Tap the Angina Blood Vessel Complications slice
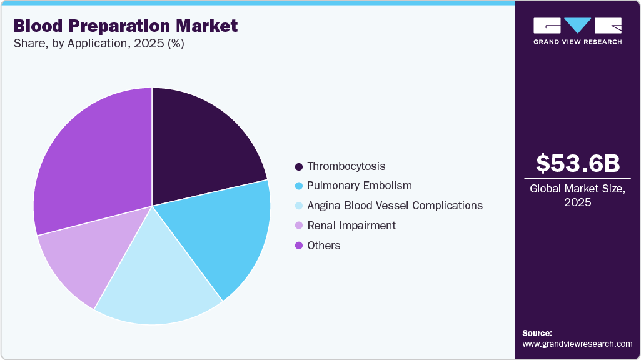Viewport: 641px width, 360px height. [x=156, y=275]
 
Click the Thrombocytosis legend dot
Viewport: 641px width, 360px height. [x=299, y=166]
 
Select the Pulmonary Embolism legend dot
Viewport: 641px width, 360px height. [x=299, y=186]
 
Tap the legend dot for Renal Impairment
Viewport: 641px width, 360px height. [x=299, y=226]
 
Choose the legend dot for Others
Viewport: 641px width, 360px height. [x=299, y=246]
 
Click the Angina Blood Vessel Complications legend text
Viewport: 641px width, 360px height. [x=395, y=206]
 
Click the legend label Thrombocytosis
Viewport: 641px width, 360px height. [x=346, y=166]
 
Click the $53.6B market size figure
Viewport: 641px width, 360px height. [x=578, y=163]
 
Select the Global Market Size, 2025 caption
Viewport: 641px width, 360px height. [x=578, y=195]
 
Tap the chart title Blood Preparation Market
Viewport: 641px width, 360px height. [x=125, y=26]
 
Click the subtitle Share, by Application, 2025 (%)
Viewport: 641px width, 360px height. [x=98, y=44]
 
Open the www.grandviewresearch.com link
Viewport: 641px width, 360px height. [x=577, y=344]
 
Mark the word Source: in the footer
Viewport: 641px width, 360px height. [x=537, y=333]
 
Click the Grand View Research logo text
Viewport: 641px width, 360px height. [x=577, y=42]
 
